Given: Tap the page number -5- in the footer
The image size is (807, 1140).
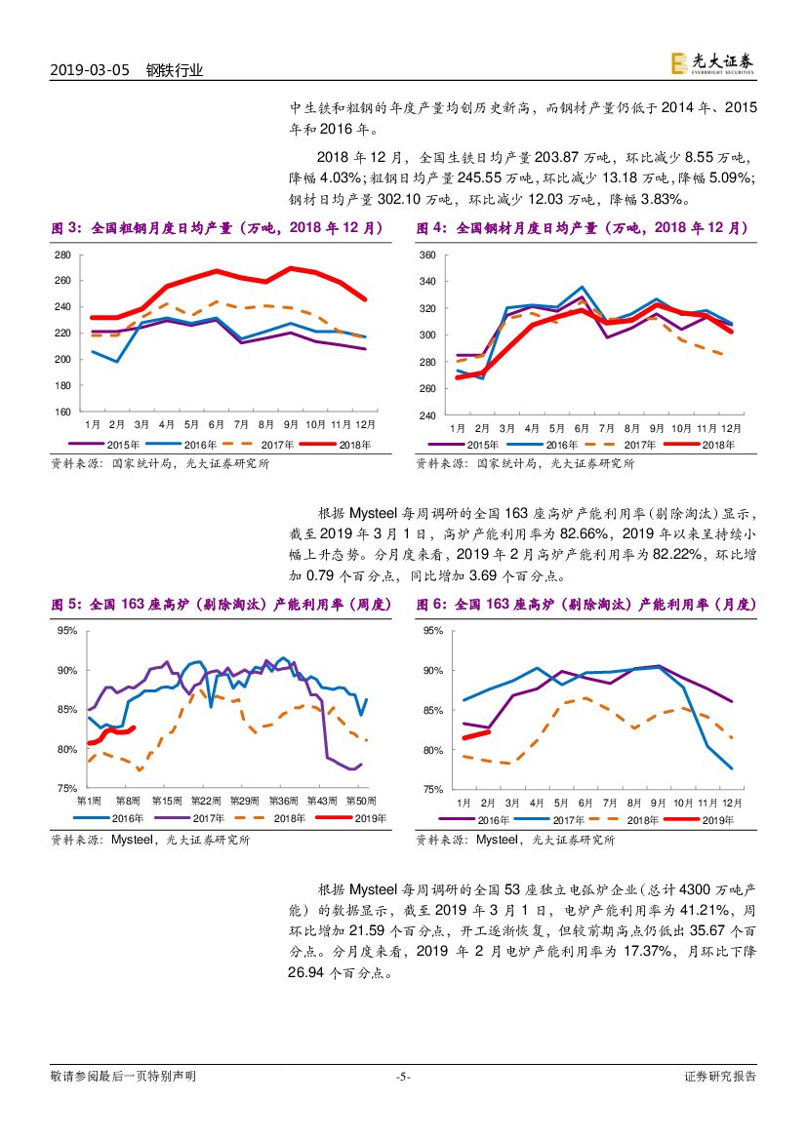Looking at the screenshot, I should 403,1077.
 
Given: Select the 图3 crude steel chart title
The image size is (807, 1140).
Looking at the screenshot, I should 216,228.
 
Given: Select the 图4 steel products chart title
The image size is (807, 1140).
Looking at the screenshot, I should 582,228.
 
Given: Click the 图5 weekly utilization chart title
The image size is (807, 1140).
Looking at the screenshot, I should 220,605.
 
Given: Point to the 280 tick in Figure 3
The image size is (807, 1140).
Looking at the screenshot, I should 62,255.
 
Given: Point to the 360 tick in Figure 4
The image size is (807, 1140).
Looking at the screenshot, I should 426,256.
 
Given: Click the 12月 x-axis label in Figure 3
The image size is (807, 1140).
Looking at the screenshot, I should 365,424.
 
